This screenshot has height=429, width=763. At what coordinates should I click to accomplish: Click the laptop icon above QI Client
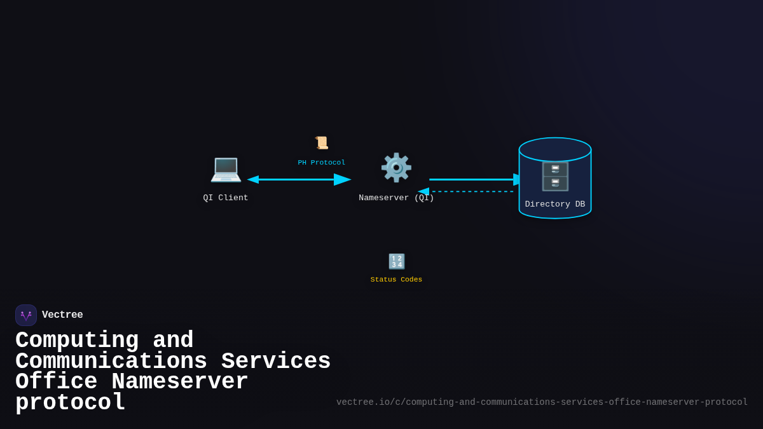(226, 168)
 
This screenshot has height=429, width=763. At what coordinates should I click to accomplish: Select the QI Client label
(226, 198)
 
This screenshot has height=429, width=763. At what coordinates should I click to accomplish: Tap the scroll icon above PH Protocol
(322, 143)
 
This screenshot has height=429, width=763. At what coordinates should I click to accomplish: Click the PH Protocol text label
(322, 163)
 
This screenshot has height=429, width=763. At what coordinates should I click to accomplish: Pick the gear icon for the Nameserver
(396, 168)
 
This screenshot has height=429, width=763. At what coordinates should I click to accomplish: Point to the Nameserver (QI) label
(396, 198)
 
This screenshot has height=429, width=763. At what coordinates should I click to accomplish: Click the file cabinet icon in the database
(555, 176)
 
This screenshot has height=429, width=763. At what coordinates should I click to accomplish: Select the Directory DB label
(555, 204)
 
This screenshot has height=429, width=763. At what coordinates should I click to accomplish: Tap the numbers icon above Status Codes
(397, 261)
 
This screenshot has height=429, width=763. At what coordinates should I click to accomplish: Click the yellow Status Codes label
(396, 280)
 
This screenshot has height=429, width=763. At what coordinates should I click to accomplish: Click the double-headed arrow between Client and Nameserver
(299, 179)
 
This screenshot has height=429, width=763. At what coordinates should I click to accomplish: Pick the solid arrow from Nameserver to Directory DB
(474, 179)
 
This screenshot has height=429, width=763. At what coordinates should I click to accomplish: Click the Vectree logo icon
(26, 315)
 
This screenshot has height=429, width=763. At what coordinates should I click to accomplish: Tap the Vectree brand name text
(62, 315)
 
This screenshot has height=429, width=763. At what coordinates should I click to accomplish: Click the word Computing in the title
(77, 341)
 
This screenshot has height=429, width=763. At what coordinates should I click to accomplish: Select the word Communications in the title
(111, 362)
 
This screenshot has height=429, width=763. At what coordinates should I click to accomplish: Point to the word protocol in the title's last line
(70, 403)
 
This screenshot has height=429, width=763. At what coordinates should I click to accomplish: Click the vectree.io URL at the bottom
(542, 402)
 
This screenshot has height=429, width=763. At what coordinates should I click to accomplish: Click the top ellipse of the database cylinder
(555, 149)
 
